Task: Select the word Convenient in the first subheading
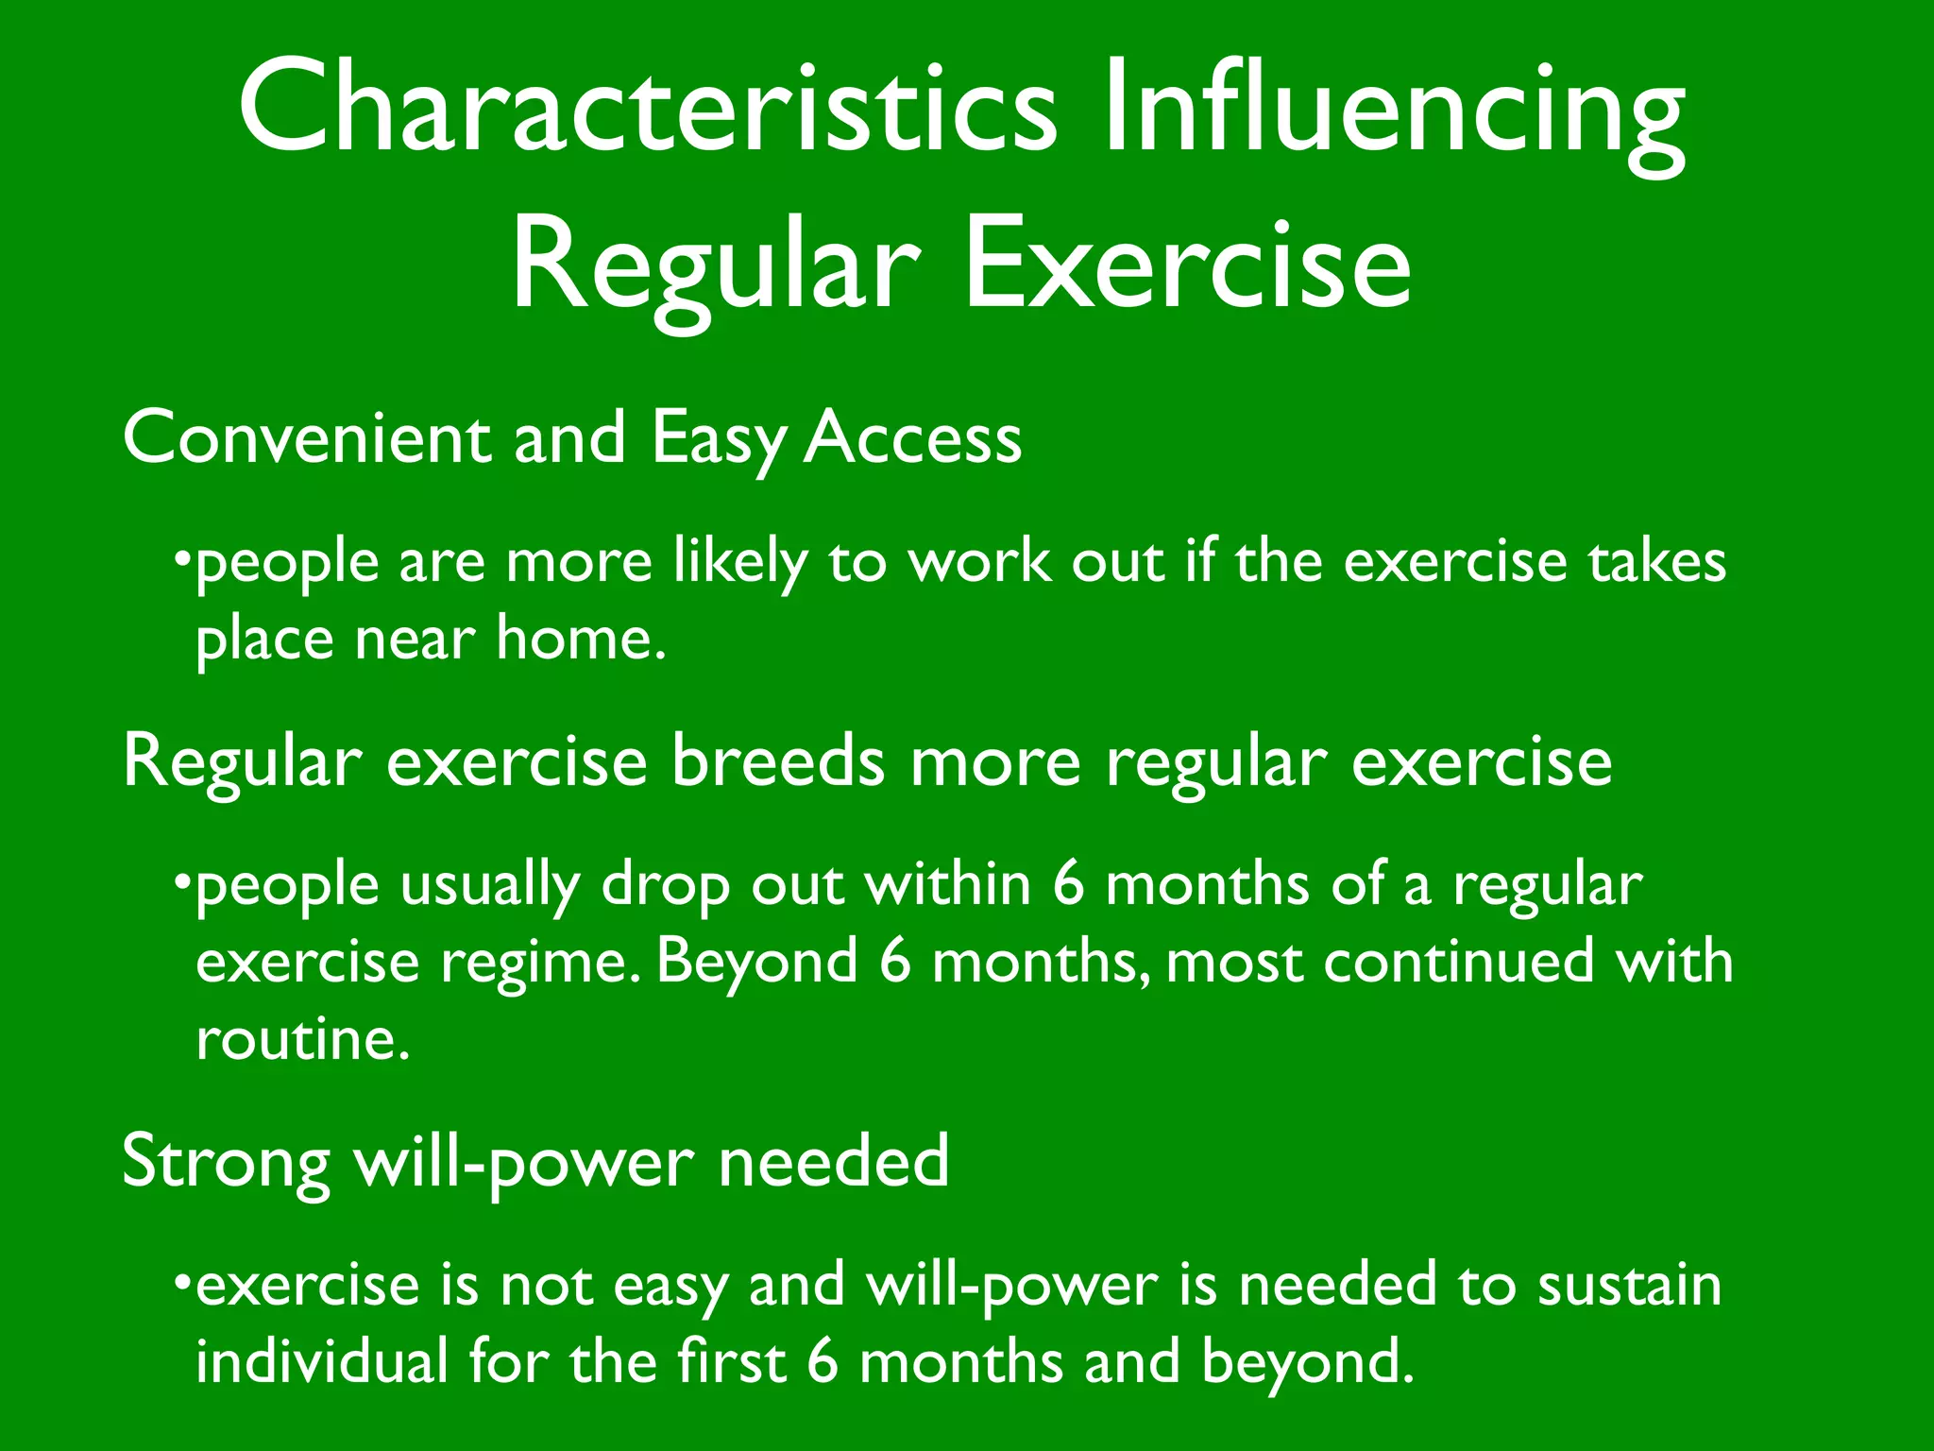[307, 438]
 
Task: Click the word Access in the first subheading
[912, 438]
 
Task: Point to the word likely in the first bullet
[740, 563]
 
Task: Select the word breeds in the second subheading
[778, 761]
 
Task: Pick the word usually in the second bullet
[489, 888]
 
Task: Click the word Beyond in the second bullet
[756, 964]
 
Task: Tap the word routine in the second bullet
[302, 1040]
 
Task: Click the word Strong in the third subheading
[226, 1162]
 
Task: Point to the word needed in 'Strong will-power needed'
[833, 1162]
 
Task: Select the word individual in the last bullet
[321, 1362]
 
